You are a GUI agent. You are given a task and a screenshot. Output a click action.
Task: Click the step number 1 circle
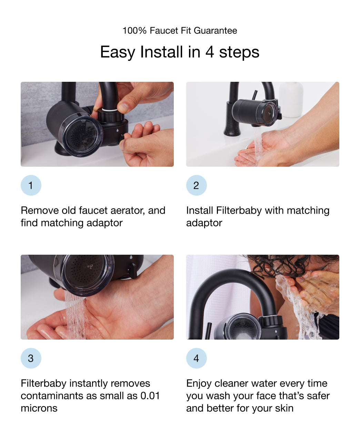[31, 185]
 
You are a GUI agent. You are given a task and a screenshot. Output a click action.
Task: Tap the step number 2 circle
[196, 185]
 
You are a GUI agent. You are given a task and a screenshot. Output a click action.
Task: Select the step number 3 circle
[31, 358]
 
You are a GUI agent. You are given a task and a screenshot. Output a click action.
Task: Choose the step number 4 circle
[196, 358]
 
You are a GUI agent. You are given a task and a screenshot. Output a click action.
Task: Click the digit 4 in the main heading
[210, 52]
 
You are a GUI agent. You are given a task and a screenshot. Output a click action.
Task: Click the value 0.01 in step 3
[150, 396]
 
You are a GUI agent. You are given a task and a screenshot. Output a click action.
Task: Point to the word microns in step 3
[39, 408]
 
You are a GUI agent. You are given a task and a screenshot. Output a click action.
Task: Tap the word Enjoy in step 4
[199, 383]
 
